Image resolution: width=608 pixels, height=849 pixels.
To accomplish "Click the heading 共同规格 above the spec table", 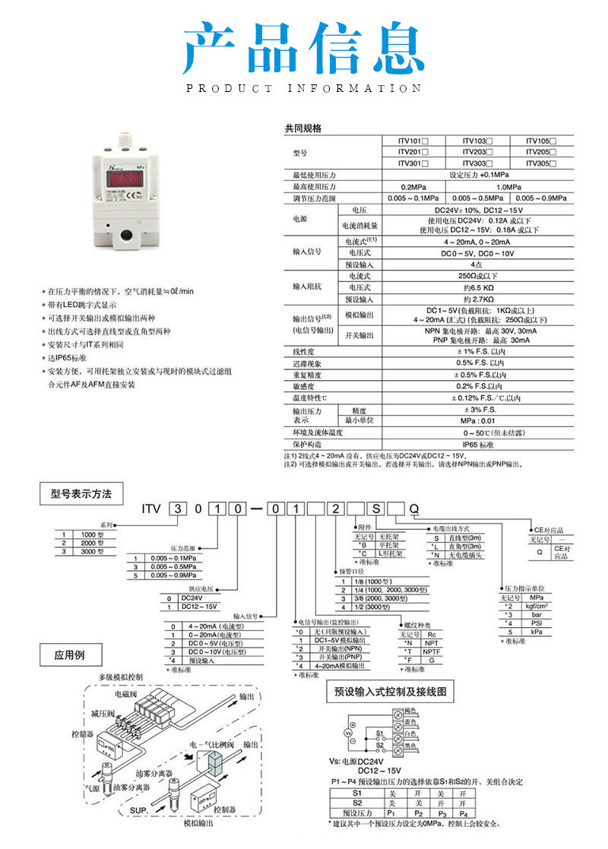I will pos(302,128).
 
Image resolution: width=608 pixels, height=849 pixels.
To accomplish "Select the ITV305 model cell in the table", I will pos(541,162).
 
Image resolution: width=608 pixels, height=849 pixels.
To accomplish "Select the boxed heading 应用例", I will pos(69,654).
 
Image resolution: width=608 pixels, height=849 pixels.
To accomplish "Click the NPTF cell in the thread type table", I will pos(432,652).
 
